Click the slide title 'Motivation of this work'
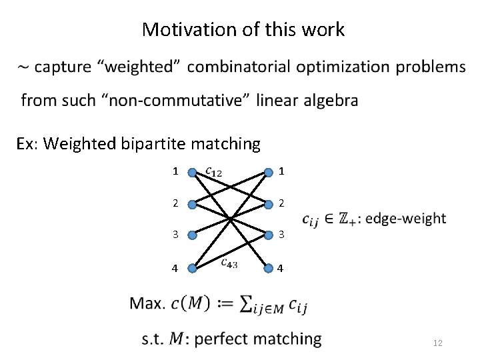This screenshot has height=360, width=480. pyautogui.click(x=243, y=30)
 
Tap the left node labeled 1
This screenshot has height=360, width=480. pyautogui.click(x=192, y=171)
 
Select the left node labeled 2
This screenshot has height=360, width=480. pyautogui.click(x=192, y=203)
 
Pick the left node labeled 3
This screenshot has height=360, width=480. pyautogui.click(x=192, y=235)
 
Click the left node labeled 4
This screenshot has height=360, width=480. pyautogui.click(x=192, y=269)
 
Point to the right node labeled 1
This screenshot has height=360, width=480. pyautogui.click(x=268, y=171)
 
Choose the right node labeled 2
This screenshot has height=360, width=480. pyautogui.click(x=268, y=203)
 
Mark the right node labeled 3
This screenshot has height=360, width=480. pyautogui.click(x=268, y=235)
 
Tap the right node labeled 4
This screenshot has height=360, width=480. pyautogui.click(x=268, y=269)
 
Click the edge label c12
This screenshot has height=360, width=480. pyautogui.click(x=213, y=171)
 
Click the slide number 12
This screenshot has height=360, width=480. pyautogui.click(x=438, y=343)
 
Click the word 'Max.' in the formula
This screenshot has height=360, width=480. pyautogui.click(x=147, y=304)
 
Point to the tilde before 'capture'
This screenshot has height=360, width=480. pyautogui.click(x=23, y=67)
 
